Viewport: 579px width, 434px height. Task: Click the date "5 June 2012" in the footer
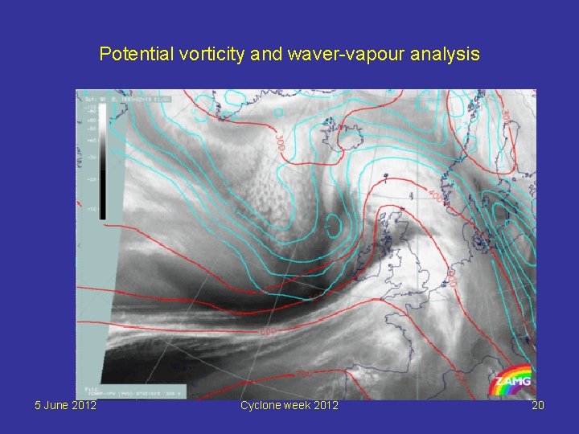click(66, 405)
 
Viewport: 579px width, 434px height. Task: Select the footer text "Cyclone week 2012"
click(289, 405)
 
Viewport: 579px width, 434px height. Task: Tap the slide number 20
click(538, 405)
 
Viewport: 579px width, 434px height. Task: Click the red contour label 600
click(269, 331)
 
